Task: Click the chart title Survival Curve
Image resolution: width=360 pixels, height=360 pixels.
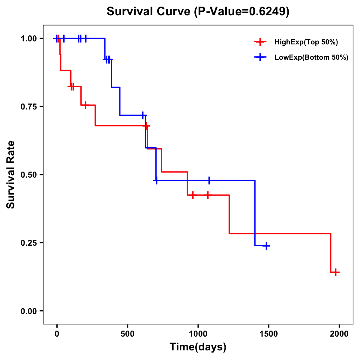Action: (x=198, y=12)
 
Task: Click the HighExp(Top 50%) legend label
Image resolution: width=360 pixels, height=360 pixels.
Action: (x=306, y=42)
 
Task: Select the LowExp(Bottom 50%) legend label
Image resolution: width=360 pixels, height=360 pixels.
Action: (x=311, y=58)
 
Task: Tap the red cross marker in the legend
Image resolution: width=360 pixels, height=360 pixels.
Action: (x=260, y=42)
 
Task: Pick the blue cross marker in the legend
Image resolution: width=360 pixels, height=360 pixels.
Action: (x=260, y=57)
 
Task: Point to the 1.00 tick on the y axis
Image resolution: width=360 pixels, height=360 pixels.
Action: (x=28, y=39)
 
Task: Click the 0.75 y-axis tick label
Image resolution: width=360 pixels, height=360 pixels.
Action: (x=28, y=107)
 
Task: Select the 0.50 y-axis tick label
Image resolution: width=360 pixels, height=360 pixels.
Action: (x=28, y=175)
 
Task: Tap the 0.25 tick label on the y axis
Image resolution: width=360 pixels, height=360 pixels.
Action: (x=28, y=243)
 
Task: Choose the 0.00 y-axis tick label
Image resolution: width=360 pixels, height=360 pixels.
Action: (x=28, y=311)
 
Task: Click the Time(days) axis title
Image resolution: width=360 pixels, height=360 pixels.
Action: (x=198, y=347)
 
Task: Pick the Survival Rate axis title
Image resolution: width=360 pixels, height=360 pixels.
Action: (x=11, y=175)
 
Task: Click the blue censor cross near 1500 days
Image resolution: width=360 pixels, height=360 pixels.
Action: (x=266, y=246)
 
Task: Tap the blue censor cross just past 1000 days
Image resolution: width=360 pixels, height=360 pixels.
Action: (x=209, y=180)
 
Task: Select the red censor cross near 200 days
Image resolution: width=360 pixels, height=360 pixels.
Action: (x=85, y=105)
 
